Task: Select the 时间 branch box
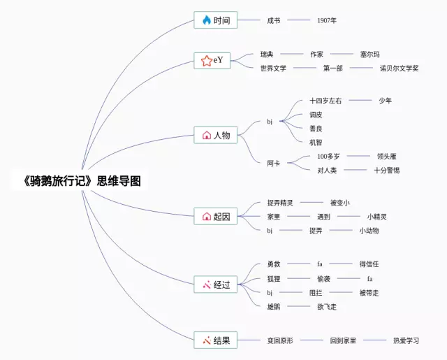[216, 20]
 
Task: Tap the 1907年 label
[326, 20]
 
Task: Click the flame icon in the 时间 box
[206, 20]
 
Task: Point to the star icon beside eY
[206, 61]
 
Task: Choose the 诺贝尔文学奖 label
[399, 68]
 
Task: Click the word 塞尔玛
[369, 54]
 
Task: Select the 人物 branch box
[216, 135]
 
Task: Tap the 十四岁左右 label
[325, 101]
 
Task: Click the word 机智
[316, 142]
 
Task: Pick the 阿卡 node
[273, 163]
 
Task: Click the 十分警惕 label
[386, 170]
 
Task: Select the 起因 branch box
[216, 216]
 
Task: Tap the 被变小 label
[339, 203]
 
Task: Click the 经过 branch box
[216, 285]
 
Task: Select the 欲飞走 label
[327, 306]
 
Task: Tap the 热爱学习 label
[406, 340]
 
